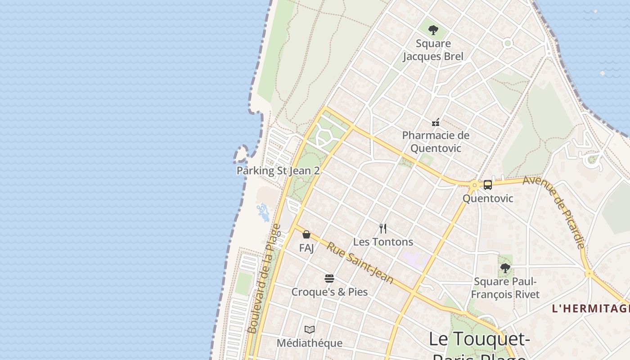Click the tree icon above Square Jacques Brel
pyautogui.click(x=433, y=30)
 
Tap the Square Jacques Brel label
pyautogui.click(x=433, y=50)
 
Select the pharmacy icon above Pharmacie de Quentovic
pyautogui.click(x=435, y=122)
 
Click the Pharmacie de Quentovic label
pyautogui.click(x=435, y=141)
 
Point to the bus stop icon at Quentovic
pyautogui.click(x=487, y=185)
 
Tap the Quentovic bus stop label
pyautogui.click(x=488, y=198)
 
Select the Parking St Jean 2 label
pyautogui.click(x=278, y=171)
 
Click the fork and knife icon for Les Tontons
pyautogui.click(x=383, y=229)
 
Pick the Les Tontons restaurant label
pyautogui.click(x=383, y=242)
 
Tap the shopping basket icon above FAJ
pyautogui.click(x=306, y=234)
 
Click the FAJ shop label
pyautogui.click(x=306, y=248)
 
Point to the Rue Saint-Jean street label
pyautogui.click(x=360, y=263)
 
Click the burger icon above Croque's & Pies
pyautogui.click(x=329, y=279)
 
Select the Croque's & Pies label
pyautogui.click(x=329, y=292)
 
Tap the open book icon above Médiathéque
pyautogui.click(x=309, y=330)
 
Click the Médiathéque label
pyautogui.click(x=309, y=343)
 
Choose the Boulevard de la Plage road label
pyautogui.click(x=264, y=279)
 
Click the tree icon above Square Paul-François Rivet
pyautogui.click(x=505, y=269)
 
